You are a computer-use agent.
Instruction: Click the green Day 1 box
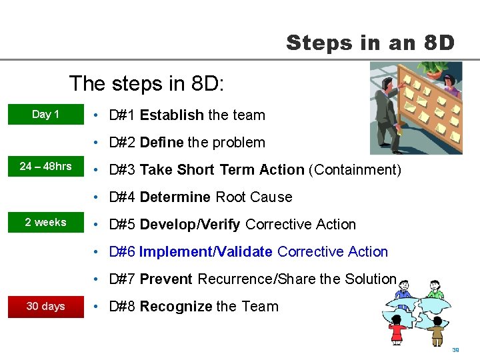(45, 115)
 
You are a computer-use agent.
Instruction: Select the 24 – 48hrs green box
(45, 167)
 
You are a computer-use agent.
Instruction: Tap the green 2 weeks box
(45, 223)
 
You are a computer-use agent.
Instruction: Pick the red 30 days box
(45, 307)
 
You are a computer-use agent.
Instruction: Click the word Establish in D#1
(171, 115)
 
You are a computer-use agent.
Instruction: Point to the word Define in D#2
(161, 143)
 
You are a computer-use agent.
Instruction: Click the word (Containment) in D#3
(355, 170)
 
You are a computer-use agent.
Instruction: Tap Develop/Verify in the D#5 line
(190, 225)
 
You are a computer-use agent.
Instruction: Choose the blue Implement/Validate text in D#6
(205, 252)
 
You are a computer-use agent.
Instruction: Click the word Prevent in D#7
(166, 279)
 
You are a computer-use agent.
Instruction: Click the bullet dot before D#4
(97, 197)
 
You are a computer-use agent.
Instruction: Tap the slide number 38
(456, 350)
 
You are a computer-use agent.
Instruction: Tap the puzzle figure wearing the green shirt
(435, 291)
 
